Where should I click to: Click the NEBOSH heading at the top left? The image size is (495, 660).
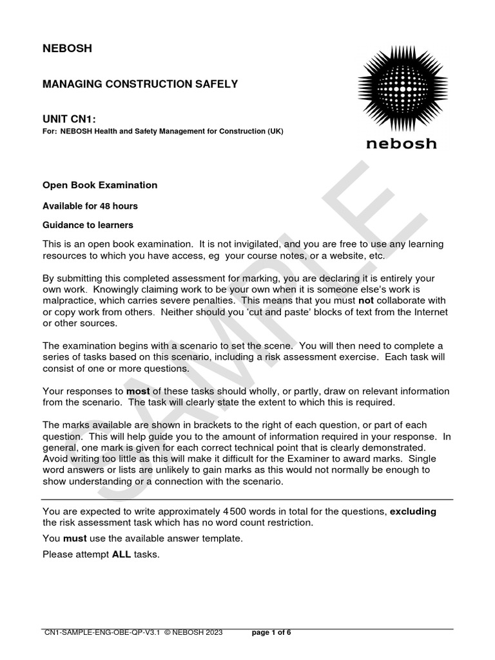pos(67,48)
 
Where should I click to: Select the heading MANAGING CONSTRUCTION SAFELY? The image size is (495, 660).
pos(140,84)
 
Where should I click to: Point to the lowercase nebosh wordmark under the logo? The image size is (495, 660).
pos(401,143)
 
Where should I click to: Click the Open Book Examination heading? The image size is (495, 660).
pos(100,185)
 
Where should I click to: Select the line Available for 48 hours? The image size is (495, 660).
pos(90,206)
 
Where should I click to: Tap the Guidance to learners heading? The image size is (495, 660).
pos(88,225)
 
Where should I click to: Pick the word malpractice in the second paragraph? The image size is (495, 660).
pos(69,301)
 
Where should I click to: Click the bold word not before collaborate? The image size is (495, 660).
pos(365,301)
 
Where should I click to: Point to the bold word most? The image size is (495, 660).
pos(137,391)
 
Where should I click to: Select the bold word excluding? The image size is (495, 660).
pos(413,511)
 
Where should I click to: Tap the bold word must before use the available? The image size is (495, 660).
pos(75,538)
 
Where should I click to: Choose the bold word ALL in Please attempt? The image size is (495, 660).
pos(121,554)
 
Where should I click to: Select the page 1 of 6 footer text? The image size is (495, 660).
pos(271,633)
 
